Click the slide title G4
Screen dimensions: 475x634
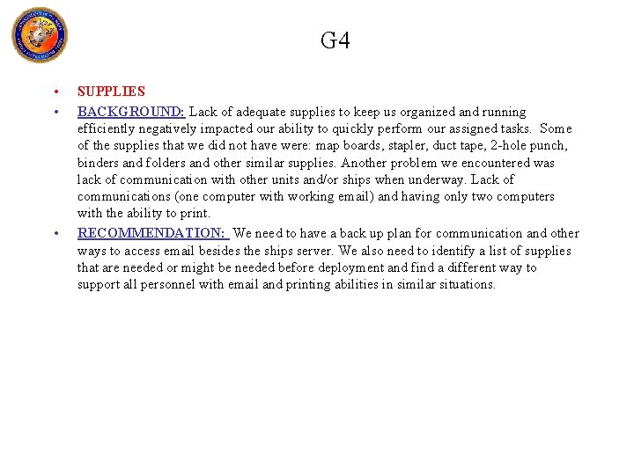click(x=335, y=40)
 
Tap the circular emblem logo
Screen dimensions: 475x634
click(x=39, y=35)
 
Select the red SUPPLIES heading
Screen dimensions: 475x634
click(x=111, y=91)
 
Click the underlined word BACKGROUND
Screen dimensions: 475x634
click(x=130, y=112)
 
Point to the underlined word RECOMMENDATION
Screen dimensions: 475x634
click(x=151, y=233)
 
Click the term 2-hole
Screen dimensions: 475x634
click(x=513, y=146)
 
